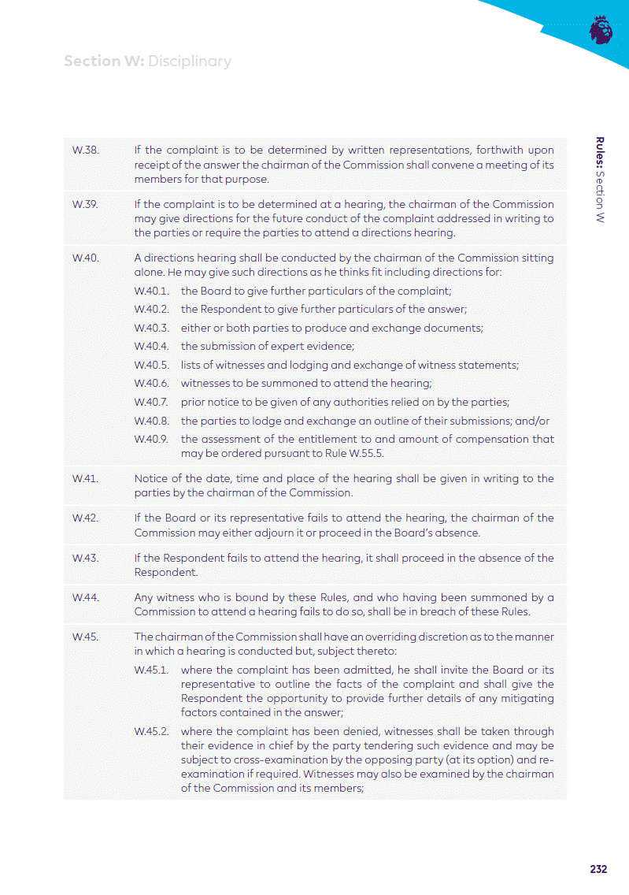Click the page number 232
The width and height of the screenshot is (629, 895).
598,869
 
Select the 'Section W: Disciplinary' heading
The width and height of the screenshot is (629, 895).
147,61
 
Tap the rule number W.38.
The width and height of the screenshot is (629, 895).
85,150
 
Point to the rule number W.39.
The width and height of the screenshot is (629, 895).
85,204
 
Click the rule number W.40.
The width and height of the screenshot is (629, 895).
85,258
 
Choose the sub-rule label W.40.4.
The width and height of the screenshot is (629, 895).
152,346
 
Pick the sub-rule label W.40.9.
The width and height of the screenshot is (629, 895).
152,439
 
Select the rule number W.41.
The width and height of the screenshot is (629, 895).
84,478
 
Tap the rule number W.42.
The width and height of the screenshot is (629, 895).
85,518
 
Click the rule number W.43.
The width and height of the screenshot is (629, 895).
85,558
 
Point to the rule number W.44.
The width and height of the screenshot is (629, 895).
85,597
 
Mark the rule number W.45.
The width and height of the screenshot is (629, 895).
85,637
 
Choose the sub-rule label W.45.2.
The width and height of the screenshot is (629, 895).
152,731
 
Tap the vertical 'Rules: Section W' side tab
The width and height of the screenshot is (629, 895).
600,180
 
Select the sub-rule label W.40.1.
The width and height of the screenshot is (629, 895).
152,291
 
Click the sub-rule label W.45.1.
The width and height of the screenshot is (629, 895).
152,670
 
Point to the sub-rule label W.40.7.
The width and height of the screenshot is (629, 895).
152,402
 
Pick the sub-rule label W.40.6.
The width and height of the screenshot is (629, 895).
152,383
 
